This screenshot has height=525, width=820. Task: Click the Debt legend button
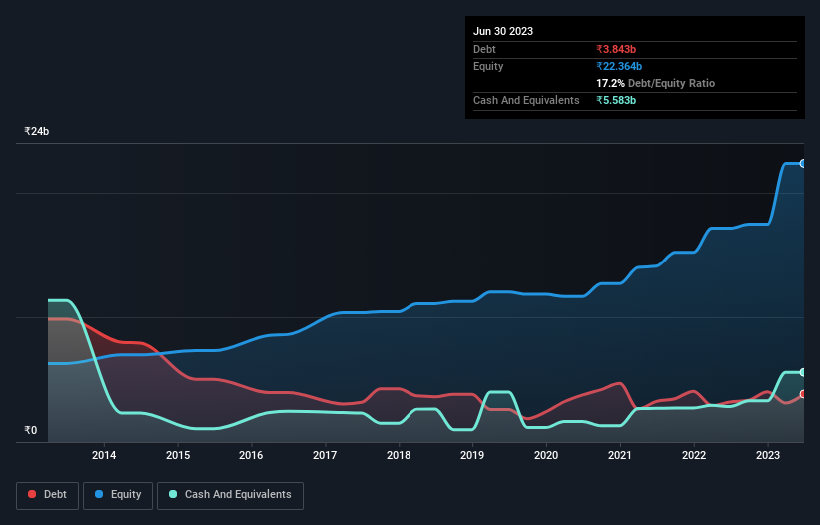pyautogui.click(x=47, y=495)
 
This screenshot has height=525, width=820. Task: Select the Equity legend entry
pyautogui.click(x=118, y=495)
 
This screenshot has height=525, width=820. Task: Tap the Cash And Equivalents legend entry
pyautogui.click(x=230, y=495)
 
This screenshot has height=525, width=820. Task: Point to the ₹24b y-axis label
pyautogui.click(x=37, y=132)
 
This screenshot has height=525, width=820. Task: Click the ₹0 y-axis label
pyautogui.click(x=30, y=431)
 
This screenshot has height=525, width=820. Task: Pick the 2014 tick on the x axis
pyautogui.click(x=104, y=456)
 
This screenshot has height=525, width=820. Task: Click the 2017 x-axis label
pyautogui.click(x=325, y=456)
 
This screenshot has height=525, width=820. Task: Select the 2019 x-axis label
pyautogui.click(x=472, y=456)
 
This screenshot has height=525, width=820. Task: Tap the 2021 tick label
pyautogui.click(x=620, y=456)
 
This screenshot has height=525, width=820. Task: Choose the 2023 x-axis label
pyautogui.click(x=767, y=456)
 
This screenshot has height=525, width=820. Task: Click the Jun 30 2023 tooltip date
pyautogui.click(x=503, y=31)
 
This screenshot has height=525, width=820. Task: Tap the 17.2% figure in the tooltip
pyautogui.click(x=611, y=83)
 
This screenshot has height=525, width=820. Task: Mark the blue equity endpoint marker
pyautogui.click(x=803, y=163)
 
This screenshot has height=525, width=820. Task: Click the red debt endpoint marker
pyautogui.click(x=803, y=394)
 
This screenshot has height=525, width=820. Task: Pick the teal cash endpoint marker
pyautogui.click(x=803, y=372)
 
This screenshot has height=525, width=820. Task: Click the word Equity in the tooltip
pyautogui.click(x=488, y=66)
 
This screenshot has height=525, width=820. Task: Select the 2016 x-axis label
pyautogui.click(x=251, y=456)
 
